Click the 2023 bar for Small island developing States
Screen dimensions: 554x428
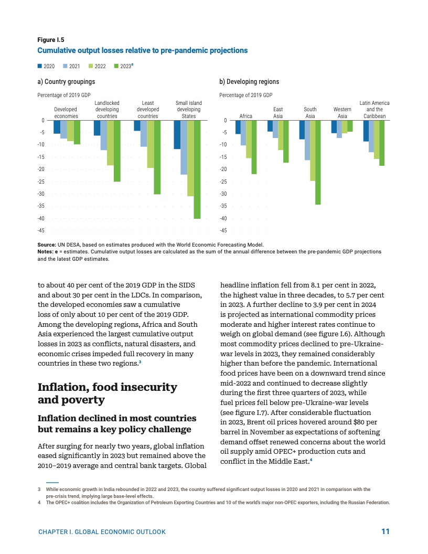pyautogui.click(x=197, y=169)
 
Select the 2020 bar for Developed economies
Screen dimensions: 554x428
pyautogui.click(x=57, y=127)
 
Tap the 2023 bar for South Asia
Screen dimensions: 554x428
pyautogui.click(x=318, y=162)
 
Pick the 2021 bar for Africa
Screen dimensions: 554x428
pyautogui.click(x=243, y=133)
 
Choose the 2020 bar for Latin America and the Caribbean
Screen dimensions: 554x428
pyautogui.click(x=366, y=131)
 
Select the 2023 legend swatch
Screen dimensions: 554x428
pyautogui.click(x=116, y=67)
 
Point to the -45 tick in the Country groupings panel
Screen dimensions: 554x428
pyautogui.click(x=41, y=230)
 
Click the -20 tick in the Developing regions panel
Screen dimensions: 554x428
pyautogui.click(x=223, y=169)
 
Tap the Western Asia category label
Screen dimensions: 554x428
pyautogui.click(x=343, y=112)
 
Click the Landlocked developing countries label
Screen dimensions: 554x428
pyautogui.click(x=107, y=109)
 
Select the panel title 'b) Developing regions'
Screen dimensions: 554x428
pyautogui.click(x=249, y=82)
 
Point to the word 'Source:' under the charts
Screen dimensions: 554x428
pyautogui.click(x=47, y=244)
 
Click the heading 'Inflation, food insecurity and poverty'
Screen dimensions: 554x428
pyautogui.click(x=108, y=393)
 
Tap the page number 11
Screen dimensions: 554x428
pyautogui.click(x=386, y=531)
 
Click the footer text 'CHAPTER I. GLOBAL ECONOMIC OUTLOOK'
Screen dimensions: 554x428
pyautogui.click(x=102, y=532)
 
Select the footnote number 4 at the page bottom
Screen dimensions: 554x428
pyautogui.click(x=39, y=502)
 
